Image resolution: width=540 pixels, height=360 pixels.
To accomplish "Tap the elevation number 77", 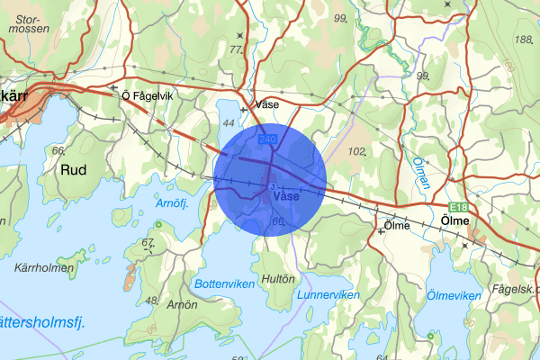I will point(236,49).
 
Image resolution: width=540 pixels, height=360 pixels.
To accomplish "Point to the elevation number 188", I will point(521,40).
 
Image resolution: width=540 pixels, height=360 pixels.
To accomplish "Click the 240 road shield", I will point(267,139).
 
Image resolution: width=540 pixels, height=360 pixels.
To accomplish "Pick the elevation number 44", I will point(229,121).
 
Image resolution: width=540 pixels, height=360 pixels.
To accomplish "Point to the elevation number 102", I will point(357,151).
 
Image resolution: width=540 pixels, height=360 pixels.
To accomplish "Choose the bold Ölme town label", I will point(458,220).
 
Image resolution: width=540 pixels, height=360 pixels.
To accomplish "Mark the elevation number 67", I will point(148,242).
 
